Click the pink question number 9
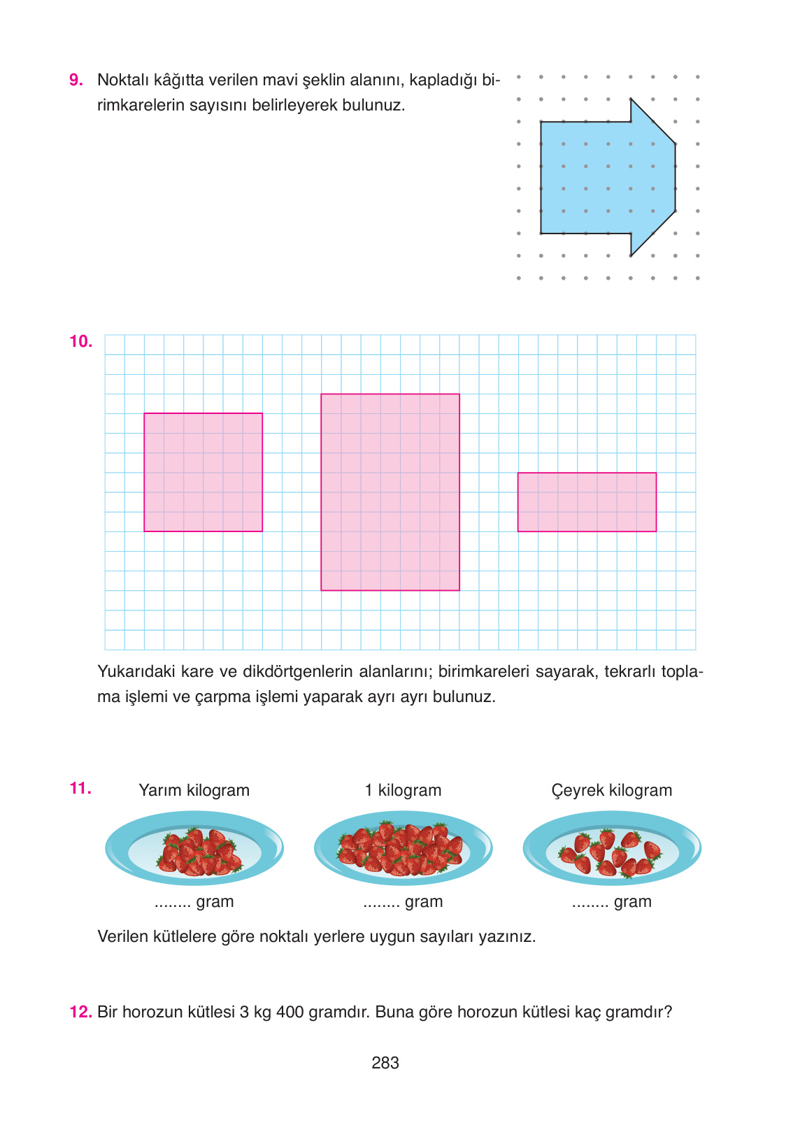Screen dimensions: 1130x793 click(x=76, y=80)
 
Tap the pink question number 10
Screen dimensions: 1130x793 click(x=80, y=342)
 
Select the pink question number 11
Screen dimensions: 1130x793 click(x=80, y=789)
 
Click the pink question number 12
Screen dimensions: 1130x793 click(x=80, y=1013)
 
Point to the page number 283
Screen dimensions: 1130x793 click(x=385, y=1063)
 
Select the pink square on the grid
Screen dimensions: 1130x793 click(x=203, y=473)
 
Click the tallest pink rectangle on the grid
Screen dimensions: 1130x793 click(x=390, y=492)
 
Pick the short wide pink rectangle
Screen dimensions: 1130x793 click(x=587, y=502)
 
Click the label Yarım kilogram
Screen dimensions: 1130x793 click(x=194, y=791)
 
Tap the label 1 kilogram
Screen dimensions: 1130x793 click(x=403, y=791)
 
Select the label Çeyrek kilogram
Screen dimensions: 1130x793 click(x=611, y=791)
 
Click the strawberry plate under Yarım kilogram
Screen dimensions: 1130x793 click(x=194, y=849)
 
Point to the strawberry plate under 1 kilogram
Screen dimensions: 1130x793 click(x=403, y=849)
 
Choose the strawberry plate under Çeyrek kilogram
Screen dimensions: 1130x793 click(x=612, y=849)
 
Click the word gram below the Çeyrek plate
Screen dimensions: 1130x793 click(x=632, y=902)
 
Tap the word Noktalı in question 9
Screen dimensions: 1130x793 click(x=120, y=80)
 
